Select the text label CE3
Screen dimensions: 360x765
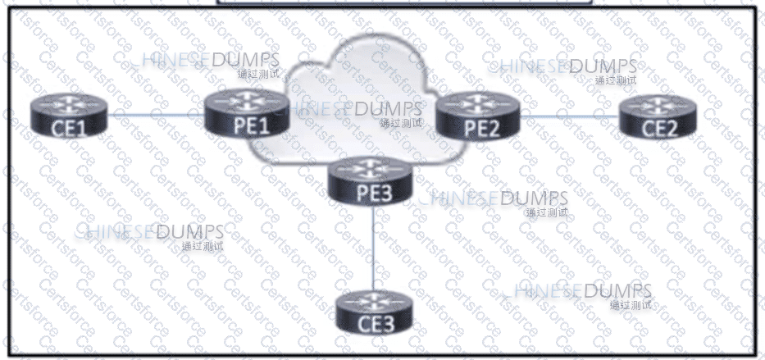click(x=376, y=324)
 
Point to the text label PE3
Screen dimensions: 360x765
click(x=370, y=194)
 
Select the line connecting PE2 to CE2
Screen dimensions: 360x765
click(x=570, y=116)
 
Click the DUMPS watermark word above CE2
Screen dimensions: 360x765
click(x=603, y=66)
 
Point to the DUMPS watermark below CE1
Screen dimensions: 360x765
click(x=189, y=231)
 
